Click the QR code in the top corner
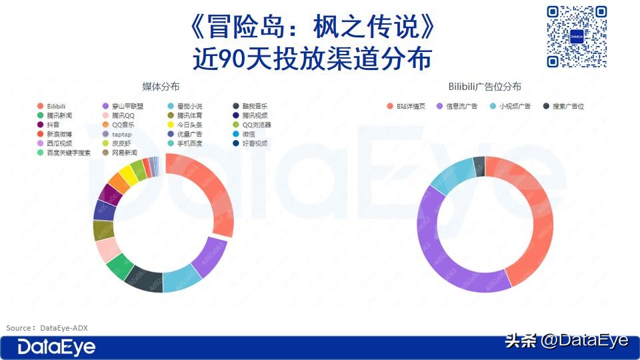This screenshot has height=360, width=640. pos(576,37)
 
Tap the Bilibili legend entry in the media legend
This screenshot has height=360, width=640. pos(56,106)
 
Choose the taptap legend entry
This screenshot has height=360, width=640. pos(121,134)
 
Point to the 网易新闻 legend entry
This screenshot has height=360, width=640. pos(124,153)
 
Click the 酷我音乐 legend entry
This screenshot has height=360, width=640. pos(254,106)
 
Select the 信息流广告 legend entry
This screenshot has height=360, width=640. pos(461,106)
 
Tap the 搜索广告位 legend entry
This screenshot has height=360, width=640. pos(567,106)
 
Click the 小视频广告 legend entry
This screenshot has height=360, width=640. pos(514,106)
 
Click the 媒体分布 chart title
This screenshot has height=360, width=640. pos(160,87)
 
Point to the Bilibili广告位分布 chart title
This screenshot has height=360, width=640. pos(485,87)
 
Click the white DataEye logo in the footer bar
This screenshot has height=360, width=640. pos(57,347)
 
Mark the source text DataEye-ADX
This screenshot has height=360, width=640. pos(64,328)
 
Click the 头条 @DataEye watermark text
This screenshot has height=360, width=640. pos(567,341)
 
